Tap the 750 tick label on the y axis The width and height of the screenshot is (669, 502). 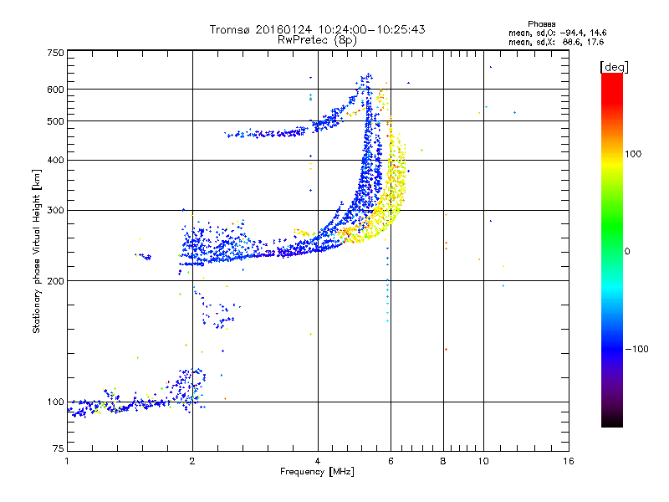click(x=56, y=53)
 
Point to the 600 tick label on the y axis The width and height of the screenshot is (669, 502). click(x=56, y=89)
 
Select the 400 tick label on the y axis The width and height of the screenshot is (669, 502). click(x=56, y=160)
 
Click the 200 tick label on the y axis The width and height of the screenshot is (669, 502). click(x=56, y=280)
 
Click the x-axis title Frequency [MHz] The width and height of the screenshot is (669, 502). click(x=317, y=473)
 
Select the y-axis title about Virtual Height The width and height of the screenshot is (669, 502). click(x=37, y=251)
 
